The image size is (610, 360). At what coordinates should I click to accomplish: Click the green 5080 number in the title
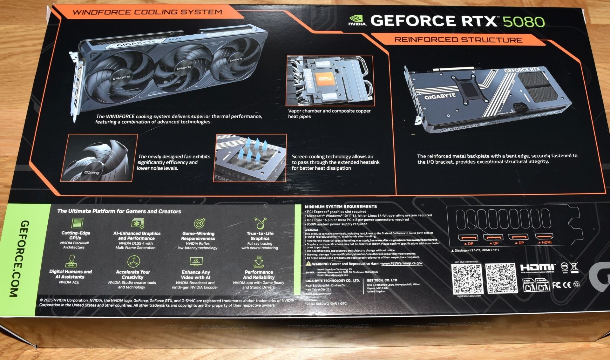524,22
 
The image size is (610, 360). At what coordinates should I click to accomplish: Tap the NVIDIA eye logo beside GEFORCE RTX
357,20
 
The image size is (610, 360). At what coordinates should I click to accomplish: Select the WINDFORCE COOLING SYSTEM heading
147,12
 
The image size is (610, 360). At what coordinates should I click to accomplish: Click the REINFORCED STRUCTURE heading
458,40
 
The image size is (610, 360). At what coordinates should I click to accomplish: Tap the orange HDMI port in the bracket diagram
544,237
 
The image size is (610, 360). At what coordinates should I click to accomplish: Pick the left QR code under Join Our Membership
467,279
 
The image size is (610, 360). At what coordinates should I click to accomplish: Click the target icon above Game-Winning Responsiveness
199,223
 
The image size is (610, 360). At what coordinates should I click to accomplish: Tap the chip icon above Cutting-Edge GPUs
77,223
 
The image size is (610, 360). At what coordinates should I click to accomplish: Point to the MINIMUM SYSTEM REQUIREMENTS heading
341,207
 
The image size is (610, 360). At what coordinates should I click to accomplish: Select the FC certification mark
556,285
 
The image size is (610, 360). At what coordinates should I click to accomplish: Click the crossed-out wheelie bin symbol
574,267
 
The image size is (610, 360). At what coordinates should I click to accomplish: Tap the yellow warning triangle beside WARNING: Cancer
308,264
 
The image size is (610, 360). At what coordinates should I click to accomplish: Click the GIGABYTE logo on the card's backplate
440,96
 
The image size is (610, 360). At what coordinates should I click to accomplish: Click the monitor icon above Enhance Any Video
196,262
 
